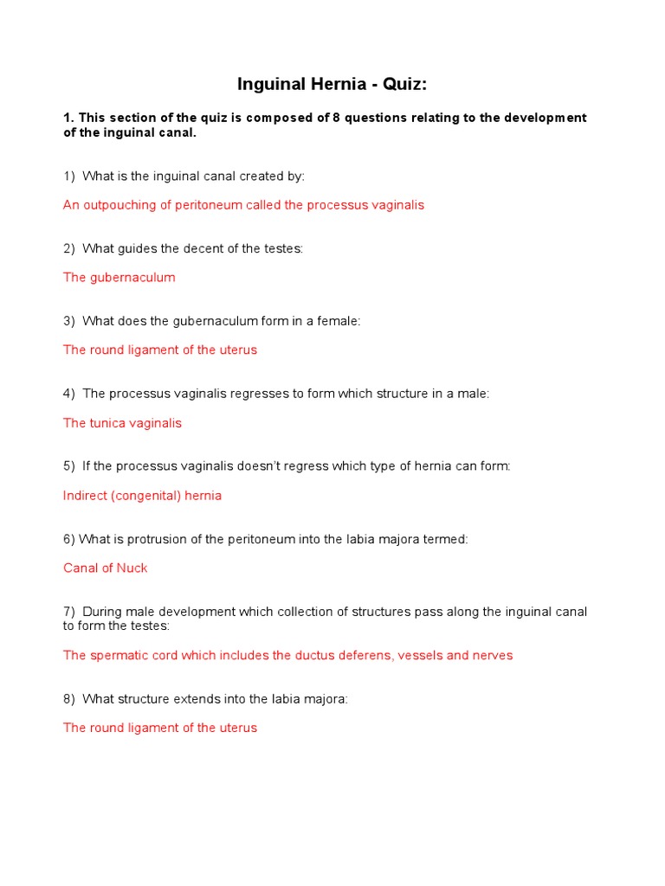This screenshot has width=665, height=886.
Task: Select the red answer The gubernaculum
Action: coord(119,278)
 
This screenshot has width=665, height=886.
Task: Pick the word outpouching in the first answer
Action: coord(116,205)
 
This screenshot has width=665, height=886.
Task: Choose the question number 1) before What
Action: coord(69,176)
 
